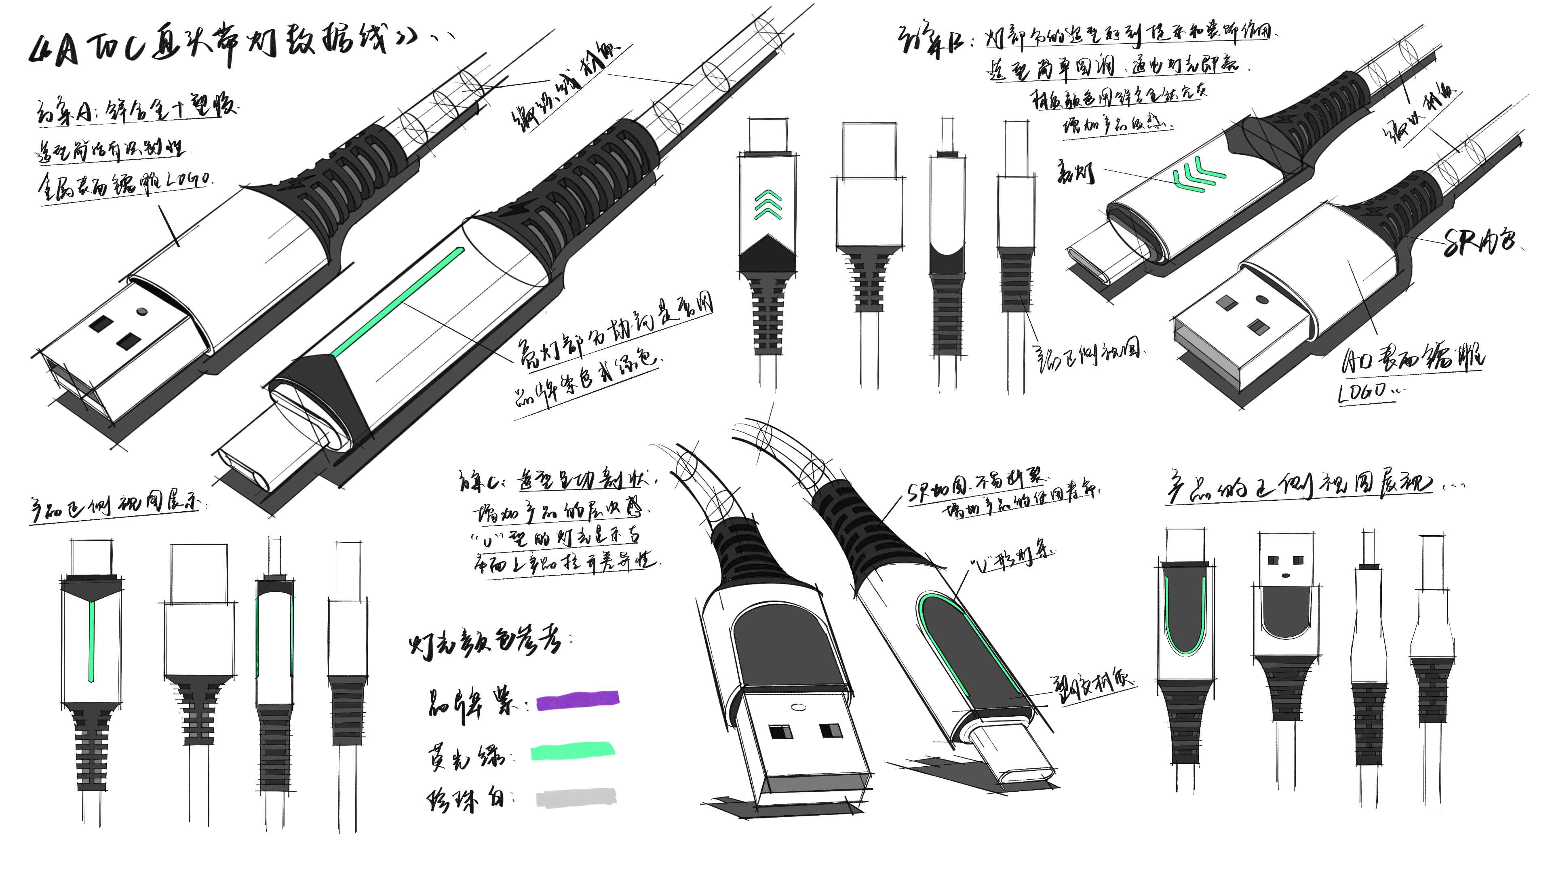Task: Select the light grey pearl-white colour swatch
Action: click(576, 798)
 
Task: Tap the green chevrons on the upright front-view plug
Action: click(768, 205)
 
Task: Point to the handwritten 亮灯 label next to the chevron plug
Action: click(1076, 172)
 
